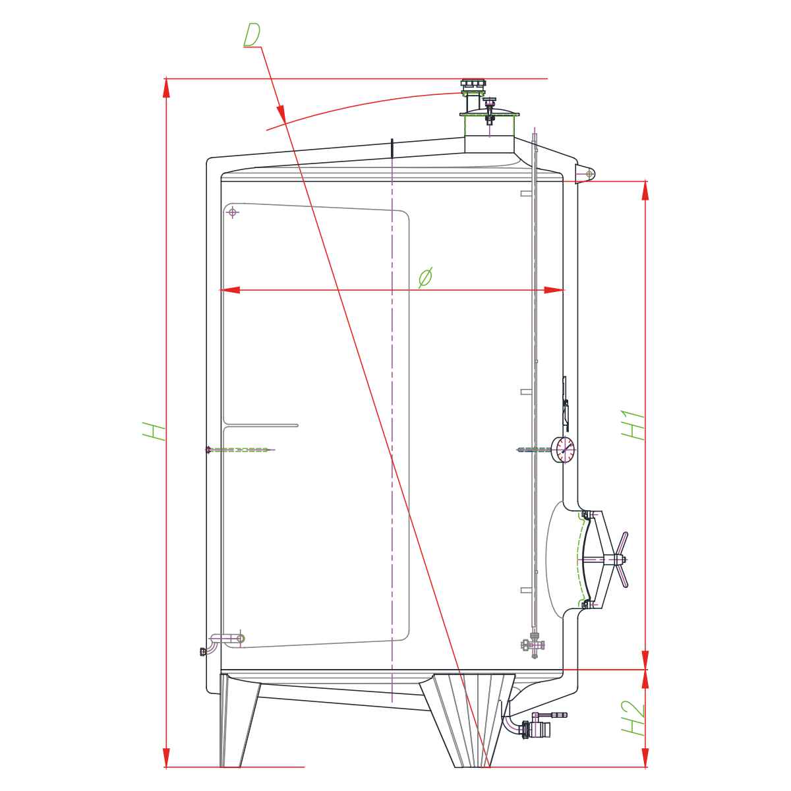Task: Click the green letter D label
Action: tap(252, 35)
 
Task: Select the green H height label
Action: tap(154, 431)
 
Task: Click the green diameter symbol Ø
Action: tap(426, 278)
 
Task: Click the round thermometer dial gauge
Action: tap(563, 450)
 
